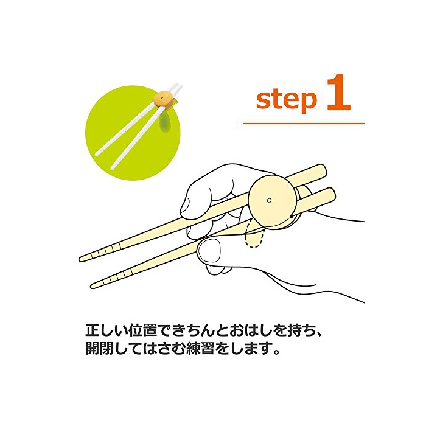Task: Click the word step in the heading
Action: [x=287, y=100]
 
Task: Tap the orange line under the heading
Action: [x=304, y=124]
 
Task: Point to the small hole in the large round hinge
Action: [x=269, y=200]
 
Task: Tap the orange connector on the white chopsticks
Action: [x=163, y=99]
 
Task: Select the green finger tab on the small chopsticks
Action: [x=165, y=123]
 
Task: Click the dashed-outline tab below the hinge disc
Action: [x=254, y=236]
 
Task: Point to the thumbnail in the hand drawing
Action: [x=209, y=252]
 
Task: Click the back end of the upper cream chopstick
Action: [x=323, y=170]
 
